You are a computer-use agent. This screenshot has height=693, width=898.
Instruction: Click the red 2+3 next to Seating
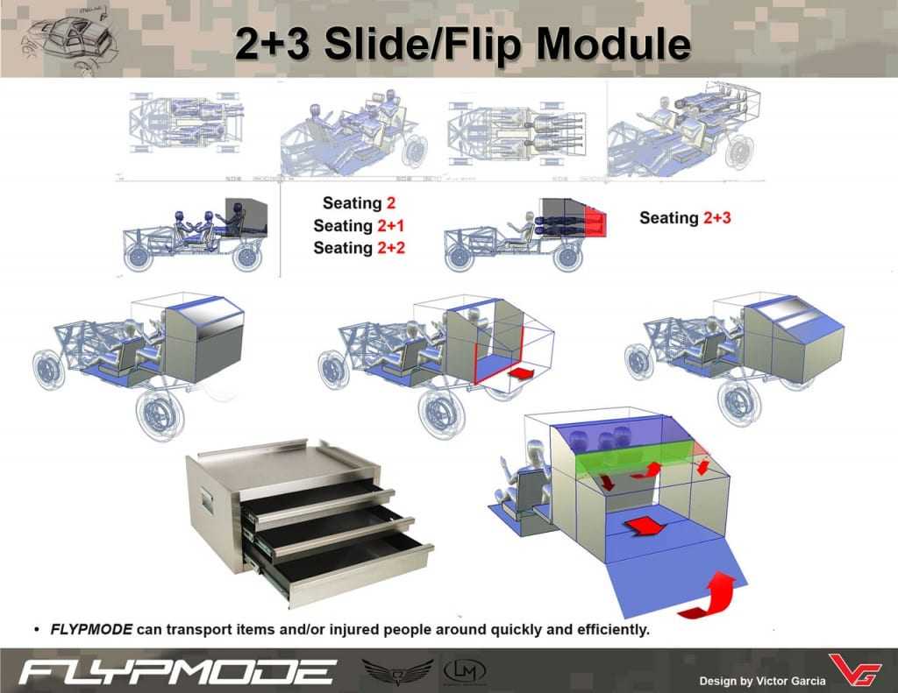pyautogui.click(x=716, y=217)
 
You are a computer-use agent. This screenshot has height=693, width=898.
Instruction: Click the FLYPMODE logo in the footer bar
pyautogui.click(x=176, y=672)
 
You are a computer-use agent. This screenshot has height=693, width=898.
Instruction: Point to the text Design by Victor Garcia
pyautogui.click(x=762, y=681)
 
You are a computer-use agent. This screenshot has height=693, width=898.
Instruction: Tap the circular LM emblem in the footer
pyautogui.click(x=461, y=670)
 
